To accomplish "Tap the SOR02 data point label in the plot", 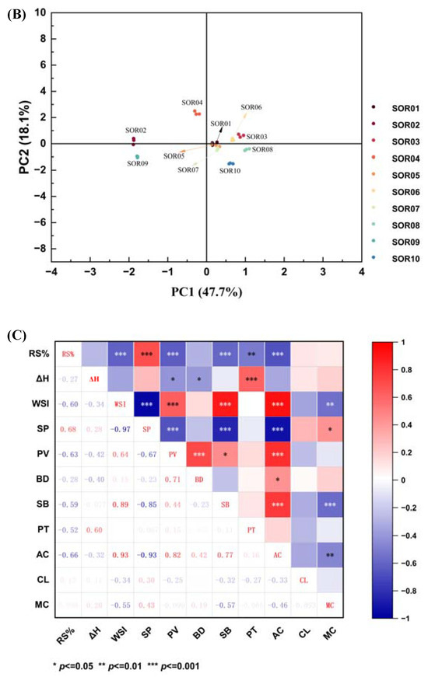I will (x=136, y=130).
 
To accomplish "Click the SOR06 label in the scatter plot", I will (x=251, y=107).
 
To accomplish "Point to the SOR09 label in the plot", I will (x=136, y=164).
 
